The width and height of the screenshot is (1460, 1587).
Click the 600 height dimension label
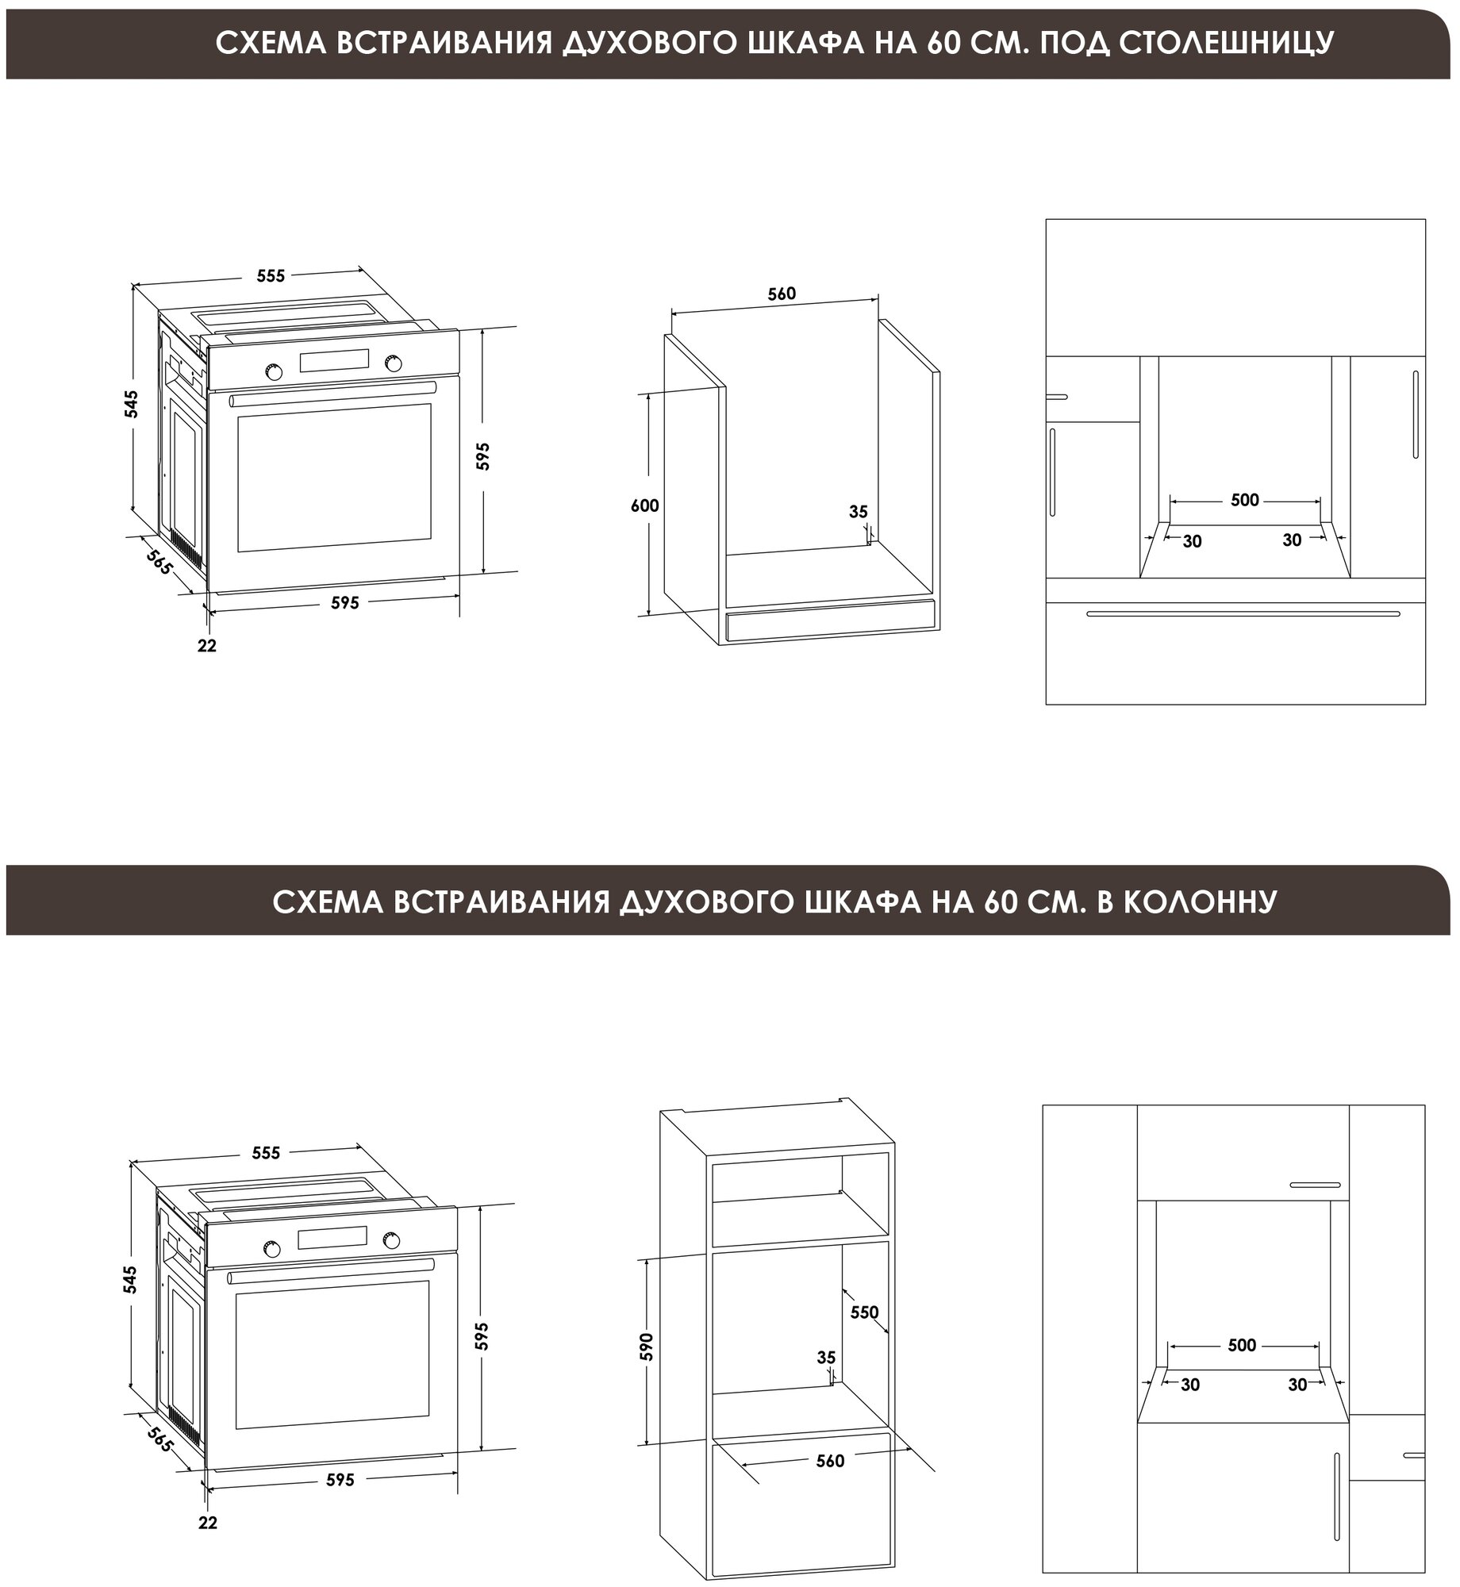click(x=644, y=505)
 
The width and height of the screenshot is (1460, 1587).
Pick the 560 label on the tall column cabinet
click(x=830, y=1461)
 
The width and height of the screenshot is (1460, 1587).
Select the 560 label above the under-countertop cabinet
click(x=781, y=294)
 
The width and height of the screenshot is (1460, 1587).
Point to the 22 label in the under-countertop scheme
click(x=207, y=646)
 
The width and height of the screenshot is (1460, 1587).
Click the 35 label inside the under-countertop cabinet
click(x=859, y=513)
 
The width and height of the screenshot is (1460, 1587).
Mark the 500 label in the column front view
click(x=1242, y=1345)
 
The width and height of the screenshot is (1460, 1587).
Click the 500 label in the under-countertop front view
click(x=1245, y=500)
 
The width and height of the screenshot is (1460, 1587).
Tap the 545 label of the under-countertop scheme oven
click(x=132, y=404)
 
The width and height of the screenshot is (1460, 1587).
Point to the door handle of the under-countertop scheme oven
click(x=333, y=394)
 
